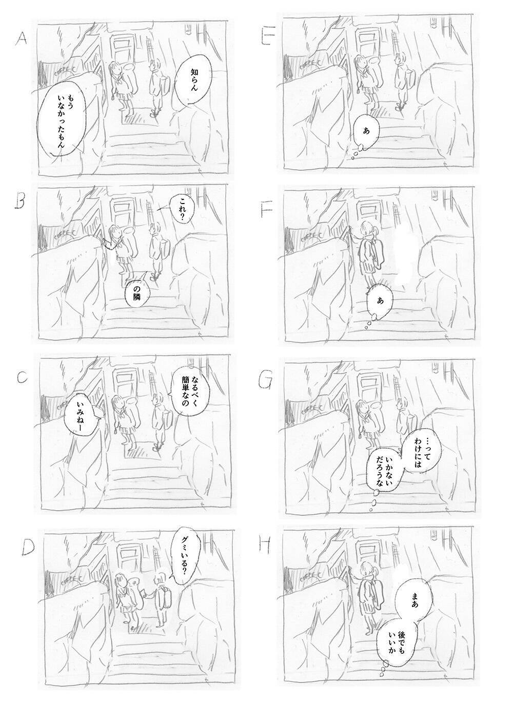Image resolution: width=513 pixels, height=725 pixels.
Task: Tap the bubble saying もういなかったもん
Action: click(61, 119)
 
